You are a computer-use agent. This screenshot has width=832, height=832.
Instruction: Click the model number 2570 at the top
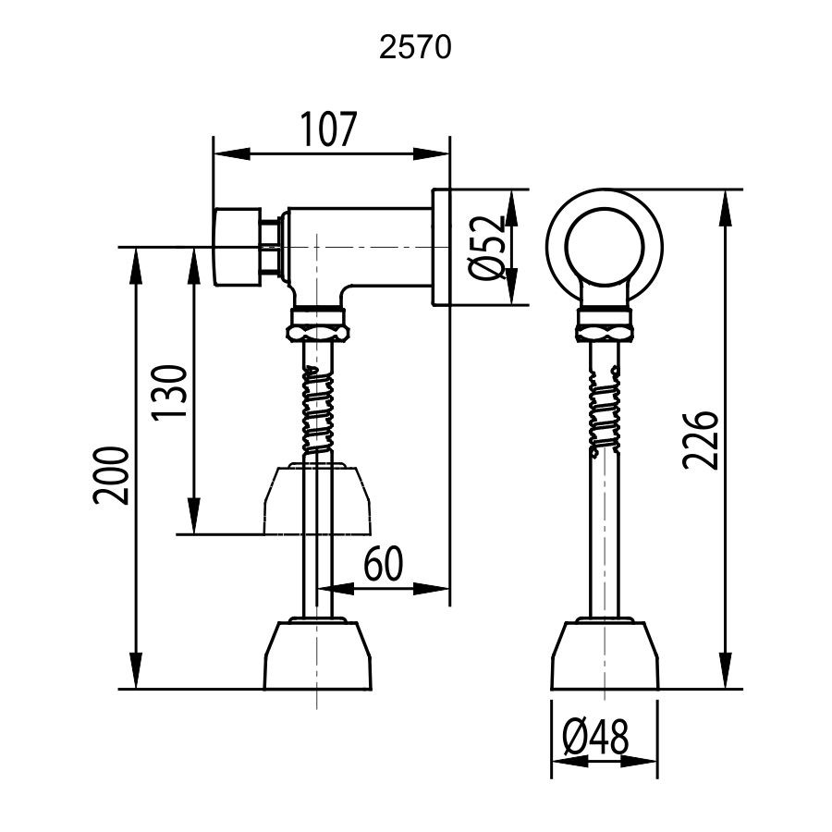415,48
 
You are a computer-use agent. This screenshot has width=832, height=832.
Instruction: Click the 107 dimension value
327,130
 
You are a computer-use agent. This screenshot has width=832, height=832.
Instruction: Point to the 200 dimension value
110,476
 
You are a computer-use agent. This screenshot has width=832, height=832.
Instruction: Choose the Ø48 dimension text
594,737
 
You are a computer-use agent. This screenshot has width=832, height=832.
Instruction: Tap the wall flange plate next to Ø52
441,248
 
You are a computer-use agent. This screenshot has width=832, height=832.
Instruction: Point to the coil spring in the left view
319,407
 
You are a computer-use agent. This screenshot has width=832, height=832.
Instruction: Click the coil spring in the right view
605,407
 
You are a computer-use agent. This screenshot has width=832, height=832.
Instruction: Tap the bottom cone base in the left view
319,656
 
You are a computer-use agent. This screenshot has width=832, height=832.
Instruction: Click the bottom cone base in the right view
605,656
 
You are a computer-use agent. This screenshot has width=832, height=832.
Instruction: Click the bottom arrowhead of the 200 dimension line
137,679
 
